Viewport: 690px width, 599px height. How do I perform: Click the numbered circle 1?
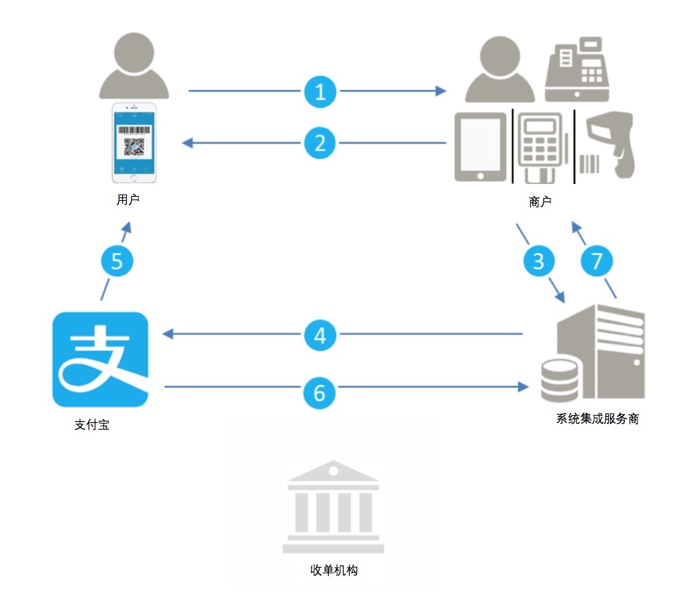pos(320,91)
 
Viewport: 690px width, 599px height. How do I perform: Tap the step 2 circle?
pos(320,143)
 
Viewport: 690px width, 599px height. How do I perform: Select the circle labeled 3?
pos(539,261)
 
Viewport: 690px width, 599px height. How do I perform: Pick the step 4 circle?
pos(320,335)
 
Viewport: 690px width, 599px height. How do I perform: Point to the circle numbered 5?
pos(117,261)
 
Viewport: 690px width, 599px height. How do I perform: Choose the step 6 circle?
pos(319,393)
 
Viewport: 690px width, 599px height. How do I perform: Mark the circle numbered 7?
pos(597,261)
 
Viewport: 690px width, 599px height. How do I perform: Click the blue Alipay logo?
pos(100,359)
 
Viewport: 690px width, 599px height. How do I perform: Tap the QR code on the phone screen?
pos(134,146)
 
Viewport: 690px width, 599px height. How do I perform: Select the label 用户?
pos(128,199)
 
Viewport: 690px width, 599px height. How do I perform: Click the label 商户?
pos(540,201)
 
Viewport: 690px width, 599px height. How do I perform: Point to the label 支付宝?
pos(92,424)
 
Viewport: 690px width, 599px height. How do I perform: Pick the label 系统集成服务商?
pos(597,418)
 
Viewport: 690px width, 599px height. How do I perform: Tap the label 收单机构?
pos(334,570)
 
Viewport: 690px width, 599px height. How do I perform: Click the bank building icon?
pos(333,506)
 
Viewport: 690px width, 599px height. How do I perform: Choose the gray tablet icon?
pos(481,147)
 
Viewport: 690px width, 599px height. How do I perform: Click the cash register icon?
pos(577,69)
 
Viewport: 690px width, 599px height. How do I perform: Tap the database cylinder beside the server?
pos(560,381)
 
